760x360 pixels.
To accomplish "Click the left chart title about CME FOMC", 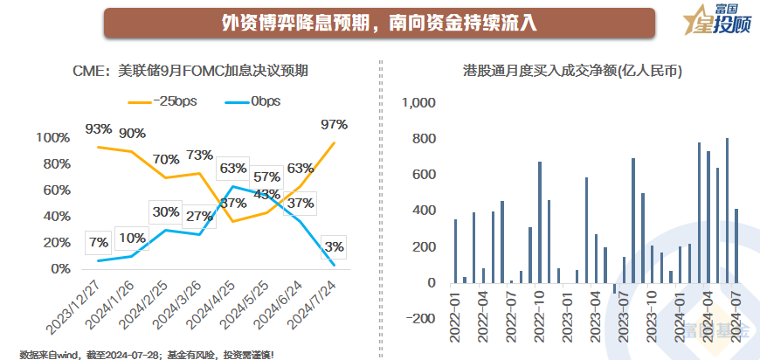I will [190, 72].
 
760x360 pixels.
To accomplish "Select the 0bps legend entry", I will [254, 101].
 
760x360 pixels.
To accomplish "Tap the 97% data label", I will [334, 125].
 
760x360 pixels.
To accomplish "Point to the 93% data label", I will [99, 129].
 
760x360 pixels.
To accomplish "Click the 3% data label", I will [334, 246].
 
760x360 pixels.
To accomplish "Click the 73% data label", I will [200, 156].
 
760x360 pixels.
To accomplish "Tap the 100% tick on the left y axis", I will [53, 138].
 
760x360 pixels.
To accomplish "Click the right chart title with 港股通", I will [571, 72].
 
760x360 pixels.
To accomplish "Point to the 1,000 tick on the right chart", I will [418, 103].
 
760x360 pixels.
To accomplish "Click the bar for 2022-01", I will [455, 251].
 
